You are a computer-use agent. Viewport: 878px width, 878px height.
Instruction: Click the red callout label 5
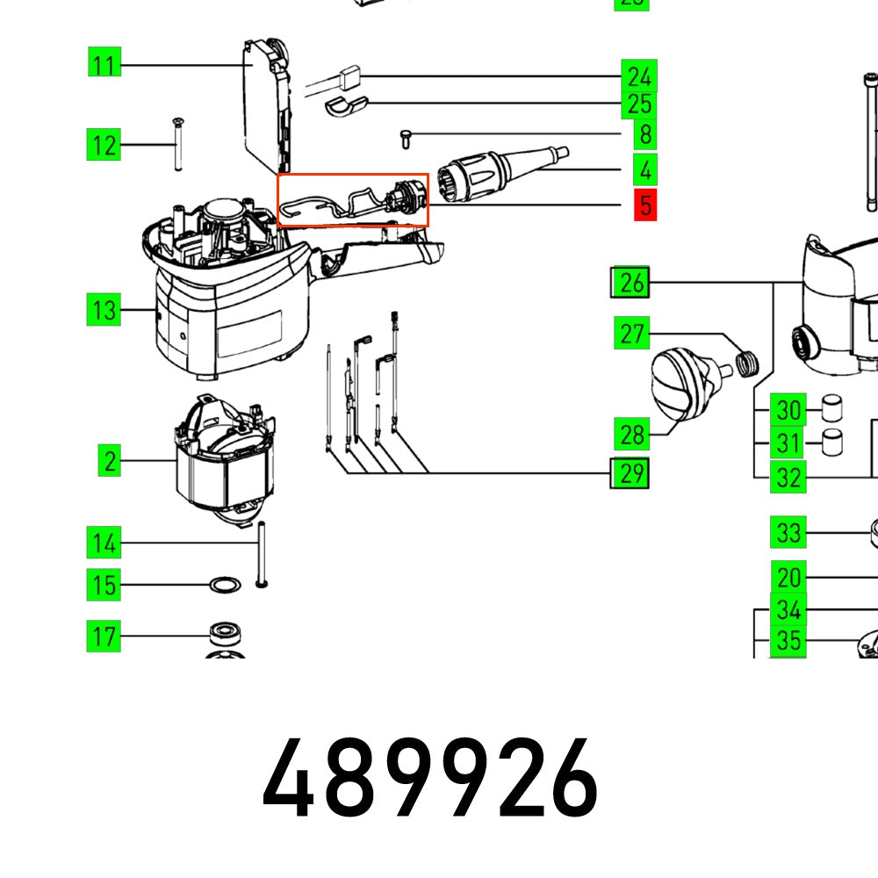click(x=645, y=206)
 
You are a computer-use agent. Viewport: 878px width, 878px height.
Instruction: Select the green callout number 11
click(x=104, y=65)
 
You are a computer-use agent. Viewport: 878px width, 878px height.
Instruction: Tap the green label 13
click(x=104, y=310)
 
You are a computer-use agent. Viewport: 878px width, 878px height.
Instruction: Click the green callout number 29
click(x=630, y=474)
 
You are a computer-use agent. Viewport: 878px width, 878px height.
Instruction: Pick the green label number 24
click(x=638, y=76)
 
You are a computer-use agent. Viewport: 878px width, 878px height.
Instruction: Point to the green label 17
click(x=104, y=636)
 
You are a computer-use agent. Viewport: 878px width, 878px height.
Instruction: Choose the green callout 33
click(x=788, y=533)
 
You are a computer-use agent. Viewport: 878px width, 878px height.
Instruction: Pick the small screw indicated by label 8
click(x=406, y=137)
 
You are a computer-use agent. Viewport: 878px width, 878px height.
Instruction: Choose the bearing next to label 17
click(x=225, y=634)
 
